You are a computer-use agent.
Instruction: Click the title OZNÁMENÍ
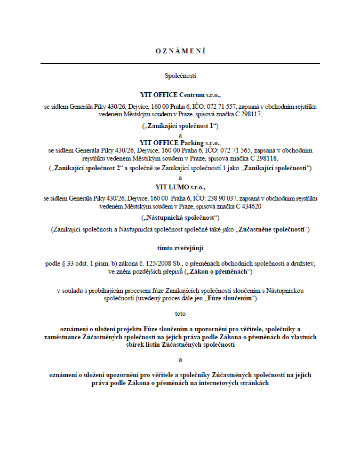(x=180, y=51)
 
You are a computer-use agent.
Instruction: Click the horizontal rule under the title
(x=180, y=63)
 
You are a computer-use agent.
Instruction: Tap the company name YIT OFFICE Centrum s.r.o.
(x=180, y=95)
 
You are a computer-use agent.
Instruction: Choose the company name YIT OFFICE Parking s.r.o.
(x=180, y=143)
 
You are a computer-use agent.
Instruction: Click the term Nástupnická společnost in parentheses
(x=180, y=218)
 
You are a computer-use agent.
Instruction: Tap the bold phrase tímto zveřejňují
(x=180, y=248)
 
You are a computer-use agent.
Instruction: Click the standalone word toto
(x=180, y=314)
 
